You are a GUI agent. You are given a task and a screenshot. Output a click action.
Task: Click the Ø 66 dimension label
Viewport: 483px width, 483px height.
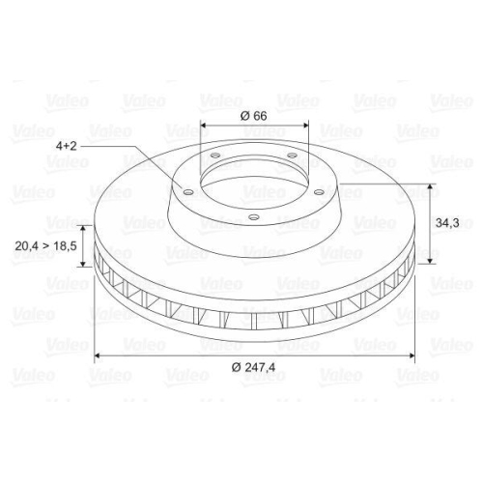[252, 115]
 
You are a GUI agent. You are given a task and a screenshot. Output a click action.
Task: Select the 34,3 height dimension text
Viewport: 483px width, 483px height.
[445, 222]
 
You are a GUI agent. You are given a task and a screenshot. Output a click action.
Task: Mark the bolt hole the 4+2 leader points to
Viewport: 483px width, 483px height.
[187, 191]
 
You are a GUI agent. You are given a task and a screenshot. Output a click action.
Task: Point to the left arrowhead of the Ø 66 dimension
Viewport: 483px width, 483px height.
[204, 126]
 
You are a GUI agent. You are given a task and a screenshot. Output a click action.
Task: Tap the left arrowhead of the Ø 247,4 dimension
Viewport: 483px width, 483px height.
[97, 357]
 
